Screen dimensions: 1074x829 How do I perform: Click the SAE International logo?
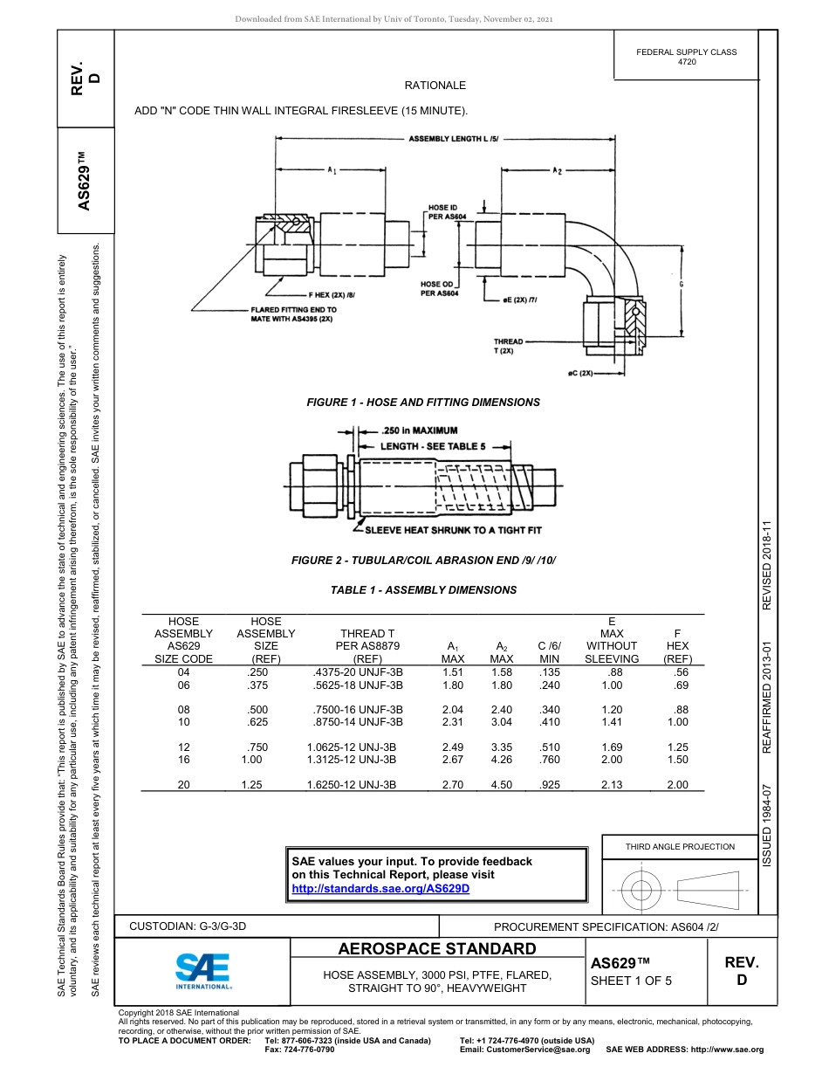pos(203,969)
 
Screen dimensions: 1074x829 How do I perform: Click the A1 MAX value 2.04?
pos(452,710)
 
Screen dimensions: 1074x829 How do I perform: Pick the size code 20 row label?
pos(183,785)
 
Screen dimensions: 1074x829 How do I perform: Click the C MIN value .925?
pos(550,785)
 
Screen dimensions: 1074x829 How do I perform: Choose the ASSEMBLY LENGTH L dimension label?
pos(453,139)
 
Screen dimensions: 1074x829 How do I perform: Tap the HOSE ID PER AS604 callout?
pos(447,212)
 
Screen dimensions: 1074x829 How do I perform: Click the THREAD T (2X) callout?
pos(508,345)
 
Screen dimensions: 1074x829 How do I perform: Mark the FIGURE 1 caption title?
pos(422,403)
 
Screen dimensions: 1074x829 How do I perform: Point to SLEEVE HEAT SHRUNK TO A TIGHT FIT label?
pos(452,530)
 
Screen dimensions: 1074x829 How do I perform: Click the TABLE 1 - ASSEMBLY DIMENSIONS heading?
pos(423,590)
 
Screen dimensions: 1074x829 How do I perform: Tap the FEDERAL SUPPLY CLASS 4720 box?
pos(686,57)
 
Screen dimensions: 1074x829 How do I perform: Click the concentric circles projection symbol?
pos(641,891)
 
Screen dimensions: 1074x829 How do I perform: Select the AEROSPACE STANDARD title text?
pos(437,949)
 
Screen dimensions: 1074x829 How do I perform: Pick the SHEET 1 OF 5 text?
pos(631,980)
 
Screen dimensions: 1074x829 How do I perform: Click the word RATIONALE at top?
pos(435,86)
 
